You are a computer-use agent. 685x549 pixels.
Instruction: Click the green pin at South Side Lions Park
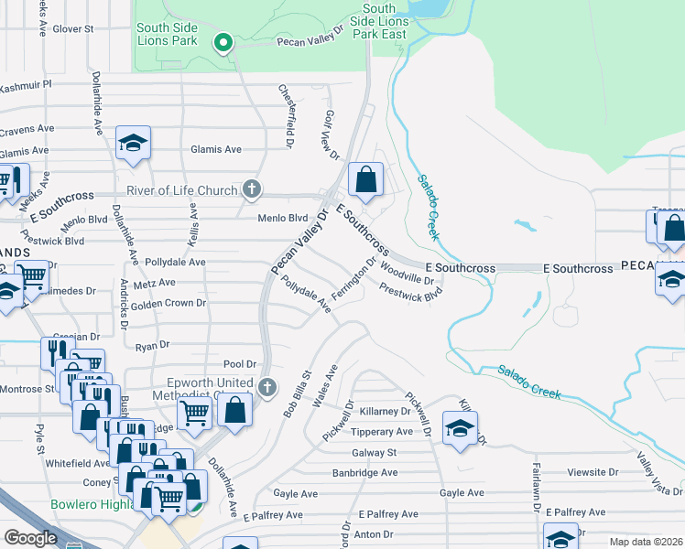point(222,42)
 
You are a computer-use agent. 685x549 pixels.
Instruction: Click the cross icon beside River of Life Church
point(253,189)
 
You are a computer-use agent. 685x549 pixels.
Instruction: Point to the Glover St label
point(73,29)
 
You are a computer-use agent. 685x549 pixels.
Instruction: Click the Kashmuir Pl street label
point(27,83)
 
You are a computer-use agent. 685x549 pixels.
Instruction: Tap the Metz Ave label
point(154,284)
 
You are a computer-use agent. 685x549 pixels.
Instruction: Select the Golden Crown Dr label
point(169,303)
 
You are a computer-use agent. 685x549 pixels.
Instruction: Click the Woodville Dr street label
point(407,273)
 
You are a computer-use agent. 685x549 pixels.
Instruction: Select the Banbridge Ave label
point(364,473)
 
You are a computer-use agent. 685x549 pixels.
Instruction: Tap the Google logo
point(30,538)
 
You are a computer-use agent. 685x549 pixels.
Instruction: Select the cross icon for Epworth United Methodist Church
point(266,387)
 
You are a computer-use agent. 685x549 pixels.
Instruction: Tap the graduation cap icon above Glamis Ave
point(133,143)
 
